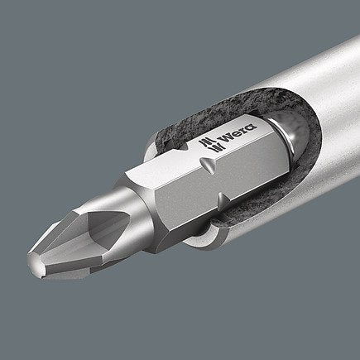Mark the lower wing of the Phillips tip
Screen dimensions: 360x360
tap(74, 257)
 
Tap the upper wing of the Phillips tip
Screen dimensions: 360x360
tap(74, 207)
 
